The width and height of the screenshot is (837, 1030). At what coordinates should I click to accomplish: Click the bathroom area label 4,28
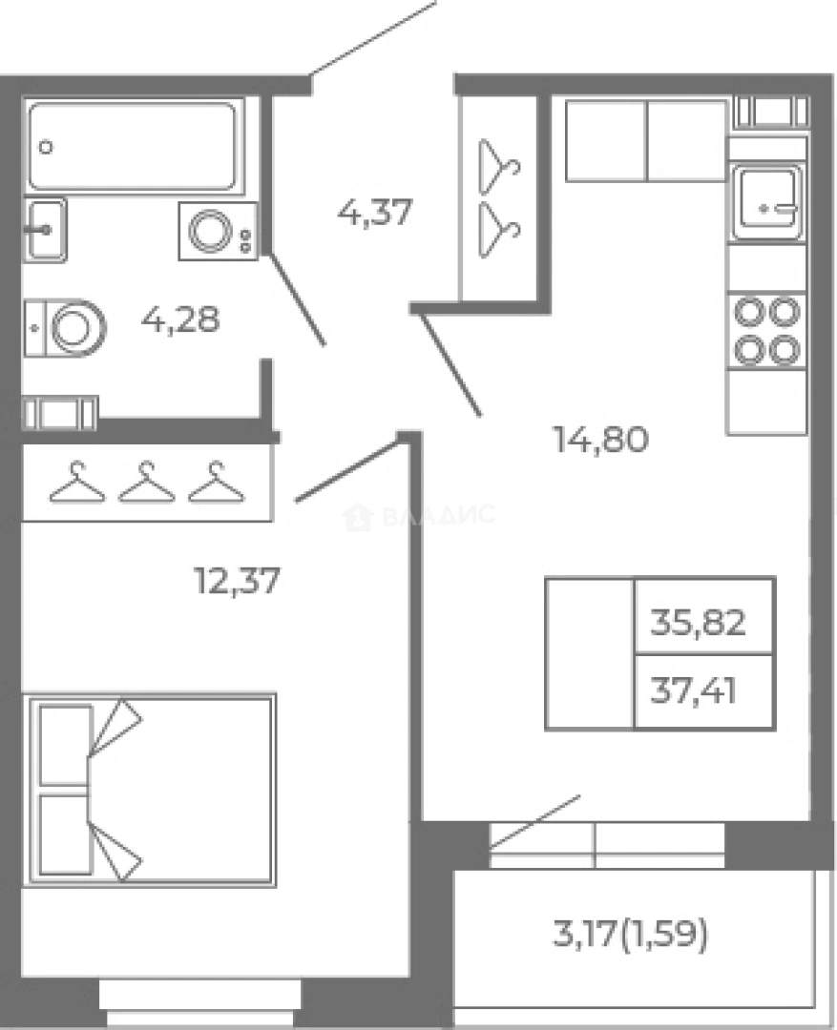180,319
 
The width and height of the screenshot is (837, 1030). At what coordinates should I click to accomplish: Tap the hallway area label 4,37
375,212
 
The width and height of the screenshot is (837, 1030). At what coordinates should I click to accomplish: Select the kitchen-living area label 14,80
601,439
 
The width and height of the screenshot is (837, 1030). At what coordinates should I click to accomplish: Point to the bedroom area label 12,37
238,580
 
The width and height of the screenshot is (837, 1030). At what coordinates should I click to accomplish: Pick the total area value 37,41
693,690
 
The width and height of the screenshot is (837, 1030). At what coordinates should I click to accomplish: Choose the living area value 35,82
699,622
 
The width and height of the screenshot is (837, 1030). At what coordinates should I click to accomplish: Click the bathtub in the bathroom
132,145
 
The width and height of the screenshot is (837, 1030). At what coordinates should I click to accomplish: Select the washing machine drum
210,231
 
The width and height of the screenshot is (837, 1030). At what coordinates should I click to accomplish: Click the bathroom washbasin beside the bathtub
45,229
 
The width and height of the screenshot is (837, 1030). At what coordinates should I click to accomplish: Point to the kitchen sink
766,201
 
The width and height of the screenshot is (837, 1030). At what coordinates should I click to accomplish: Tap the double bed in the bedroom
149,791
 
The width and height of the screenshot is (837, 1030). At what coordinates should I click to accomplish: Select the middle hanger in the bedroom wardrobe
147,483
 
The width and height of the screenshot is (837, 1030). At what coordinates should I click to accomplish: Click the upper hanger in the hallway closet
500,166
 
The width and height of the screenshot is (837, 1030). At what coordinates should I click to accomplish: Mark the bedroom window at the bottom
199,1004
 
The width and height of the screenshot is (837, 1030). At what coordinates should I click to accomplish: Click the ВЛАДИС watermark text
438,514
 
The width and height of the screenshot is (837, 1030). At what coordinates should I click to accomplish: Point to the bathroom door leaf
297,299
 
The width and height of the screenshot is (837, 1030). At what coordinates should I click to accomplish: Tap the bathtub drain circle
46,147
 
